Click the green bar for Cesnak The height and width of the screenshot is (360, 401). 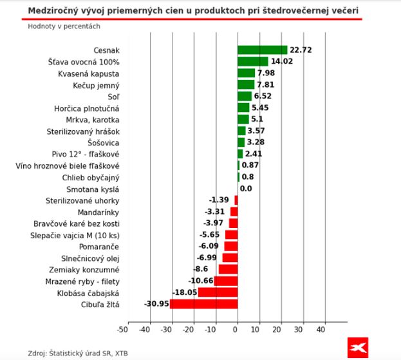[262, 50]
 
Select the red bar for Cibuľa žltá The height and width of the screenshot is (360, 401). [203, 304]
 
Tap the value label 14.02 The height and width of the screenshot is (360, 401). [281, 62]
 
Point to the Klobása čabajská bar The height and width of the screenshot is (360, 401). [218, 292]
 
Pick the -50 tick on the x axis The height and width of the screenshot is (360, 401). [122, 330]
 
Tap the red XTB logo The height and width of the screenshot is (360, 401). [357, 347]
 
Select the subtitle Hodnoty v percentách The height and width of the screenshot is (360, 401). [64, 26]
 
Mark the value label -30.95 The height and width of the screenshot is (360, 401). [156, 304]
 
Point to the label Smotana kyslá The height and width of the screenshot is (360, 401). [93, 189]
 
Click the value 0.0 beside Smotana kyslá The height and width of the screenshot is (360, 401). [246, 189]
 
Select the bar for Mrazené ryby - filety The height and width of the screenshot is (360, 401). [225, 281]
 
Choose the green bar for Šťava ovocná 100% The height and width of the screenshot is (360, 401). [252, 62]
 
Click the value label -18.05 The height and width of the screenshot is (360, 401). [184, 292]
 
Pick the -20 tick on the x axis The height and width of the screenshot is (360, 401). [188, 330]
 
